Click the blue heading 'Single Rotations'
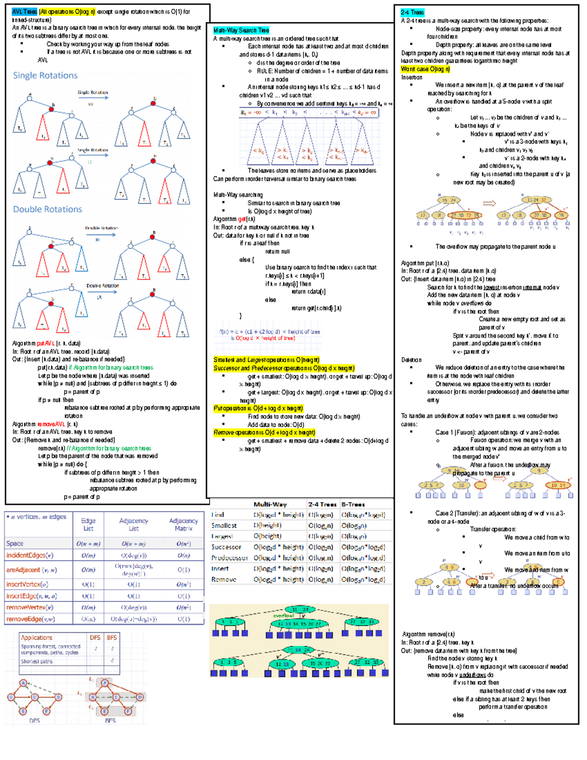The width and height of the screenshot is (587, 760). pos(45,75)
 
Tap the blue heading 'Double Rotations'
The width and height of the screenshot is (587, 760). pos(47,209)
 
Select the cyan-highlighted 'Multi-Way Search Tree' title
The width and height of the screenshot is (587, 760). pos(241,30)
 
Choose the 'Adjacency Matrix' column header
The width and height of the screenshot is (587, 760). pos(183,525)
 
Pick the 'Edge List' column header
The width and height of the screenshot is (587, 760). pos(88,525)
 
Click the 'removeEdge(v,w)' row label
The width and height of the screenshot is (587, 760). pos(30,619)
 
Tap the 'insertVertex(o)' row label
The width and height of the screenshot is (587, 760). pos(27,584)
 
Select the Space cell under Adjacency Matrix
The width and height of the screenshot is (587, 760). pos(183,544)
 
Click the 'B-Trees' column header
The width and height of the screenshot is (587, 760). pos(353,505)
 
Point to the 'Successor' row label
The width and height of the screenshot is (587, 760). pos(226,547)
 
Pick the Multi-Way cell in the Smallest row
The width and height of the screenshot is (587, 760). pos(267,526)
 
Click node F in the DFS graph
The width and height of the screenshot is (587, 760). pos(47,711)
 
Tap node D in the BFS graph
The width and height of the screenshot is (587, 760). pos(140,697)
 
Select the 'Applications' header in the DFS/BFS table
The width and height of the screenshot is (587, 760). pos(37,638)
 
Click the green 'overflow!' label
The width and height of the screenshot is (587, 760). pos(284,616)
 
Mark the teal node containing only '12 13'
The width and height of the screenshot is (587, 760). pos(282,664)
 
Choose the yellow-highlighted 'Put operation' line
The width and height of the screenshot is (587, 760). pos(258,408)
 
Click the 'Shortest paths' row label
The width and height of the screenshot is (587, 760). pos(37,661)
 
